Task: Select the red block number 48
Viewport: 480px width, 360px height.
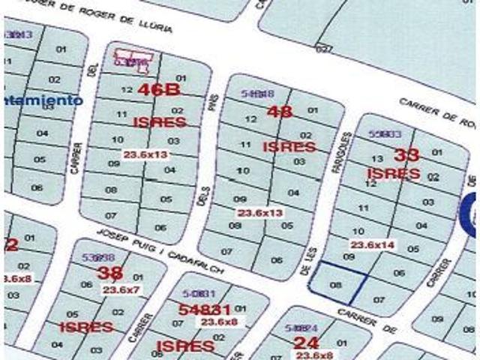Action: (279, 112)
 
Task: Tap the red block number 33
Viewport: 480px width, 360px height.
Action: (406, 155)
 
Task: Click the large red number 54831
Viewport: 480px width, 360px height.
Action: (205, 309)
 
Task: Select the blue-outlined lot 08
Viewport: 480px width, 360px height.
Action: (336, 284)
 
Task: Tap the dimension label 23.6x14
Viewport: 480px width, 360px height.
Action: (373, 244)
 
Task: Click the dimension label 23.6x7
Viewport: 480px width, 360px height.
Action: (121, 289)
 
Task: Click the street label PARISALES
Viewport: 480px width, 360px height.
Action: (346, 156)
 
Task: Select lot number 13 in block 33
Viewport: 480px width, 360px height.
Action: (377, 158)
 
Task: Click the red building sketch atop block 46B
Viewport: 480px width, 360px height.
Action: (133, 58)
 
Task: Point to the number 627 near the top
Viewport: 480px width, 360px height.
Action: (323, 49)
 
